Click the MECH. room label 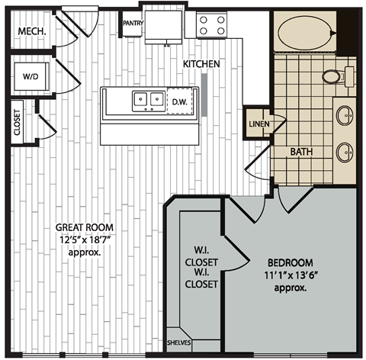click(32, 31)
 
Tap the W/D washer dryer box click(30, 76)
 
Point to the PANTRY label click(133, 24)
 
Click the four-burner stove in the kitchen click(211, 26)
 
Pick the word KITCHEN click(201, 64)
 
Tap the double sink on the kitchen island click(147, 99)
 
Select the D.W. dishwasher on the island click(180, 101)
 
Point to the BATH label click(302, 152)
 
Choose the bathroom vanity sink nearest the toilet click(345, 115)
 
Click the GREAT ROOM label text click(82, 227)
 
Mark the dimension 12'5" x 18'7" click(82, 239)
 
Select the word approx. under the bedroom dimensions click(287, 290)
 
